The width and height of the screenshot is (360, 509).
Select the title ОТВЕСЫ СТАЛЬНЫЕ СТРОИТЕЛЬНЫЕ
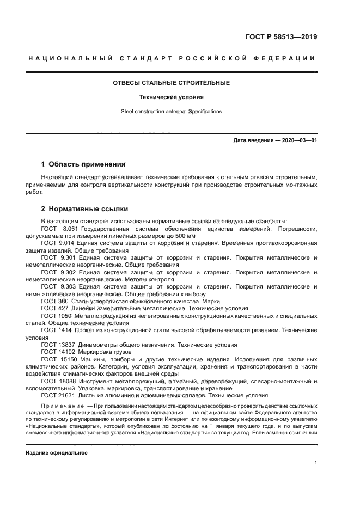(x=171, y=83)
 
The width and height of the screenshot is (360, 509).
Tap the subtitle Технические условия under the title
(x=171, y=97)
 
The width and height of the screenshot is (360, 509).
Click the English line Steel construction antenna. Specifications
(x=171, y=112)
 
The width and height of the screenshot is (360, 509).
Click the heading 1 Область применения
(x=83, y=164)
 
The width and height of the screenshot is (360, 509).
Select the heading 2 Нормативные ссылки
(x=84, y=208)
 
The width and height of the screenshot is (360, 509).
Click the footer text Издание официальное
(x=56, y=452)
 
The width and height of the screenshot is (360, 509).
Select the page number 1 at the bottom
(x=316, y=463)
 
